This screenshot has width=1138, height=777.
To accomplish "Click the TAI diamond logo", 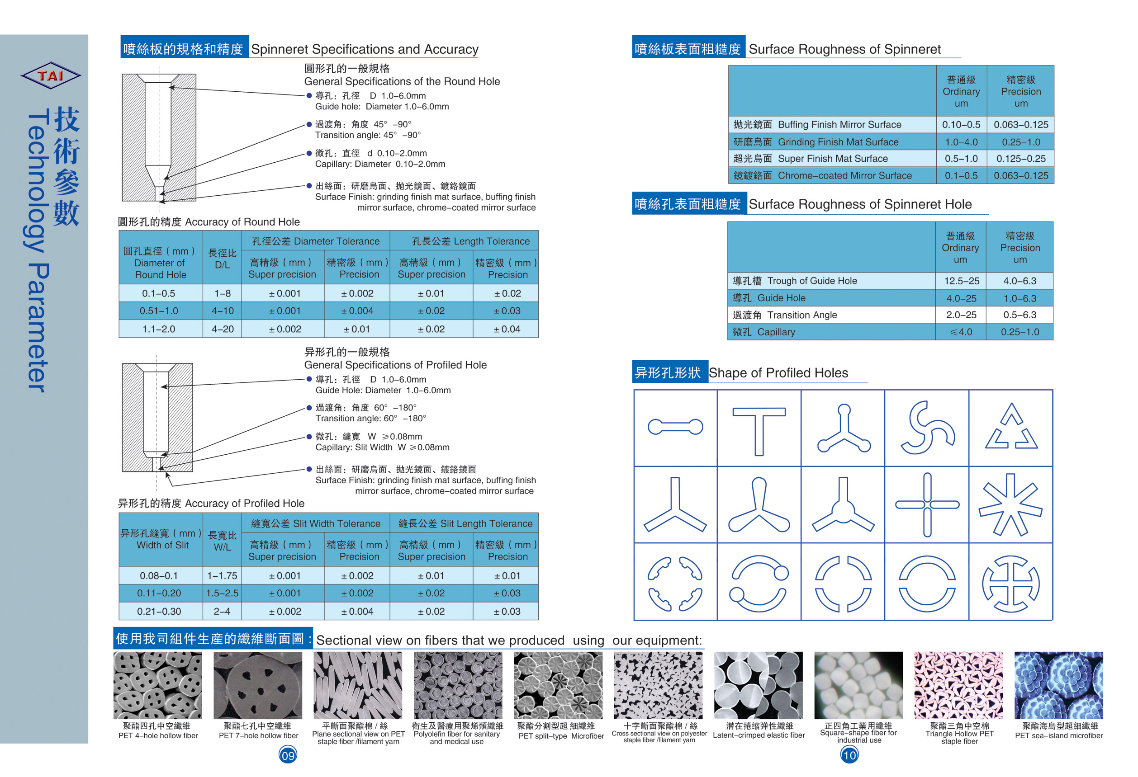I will [51, 75].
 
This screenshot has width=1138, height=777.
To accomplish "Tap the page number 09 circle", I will [288, 755].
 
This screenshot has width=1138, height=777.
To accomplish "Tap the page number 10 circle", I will [849, 755].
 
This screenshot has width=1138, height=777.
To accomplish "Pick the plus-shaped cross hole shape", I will [926, 504].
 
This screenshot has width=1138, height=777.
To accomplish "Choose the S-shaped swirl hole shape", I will [926, 428].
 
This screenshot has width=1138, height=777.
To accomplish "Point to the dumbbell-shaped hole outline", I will [675, 427].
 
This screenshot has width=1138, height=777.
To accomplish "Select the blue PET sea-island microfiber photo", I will [1058, 685].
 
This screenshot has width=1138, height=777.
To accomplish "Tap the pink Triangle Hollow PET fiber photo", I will [958, 685].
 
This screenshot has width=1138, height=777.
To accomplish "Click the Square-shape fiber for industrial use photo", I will [858, 685].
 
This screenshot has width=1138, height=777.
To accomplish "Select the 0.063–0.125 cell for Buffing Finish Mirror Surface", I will [1020, 125].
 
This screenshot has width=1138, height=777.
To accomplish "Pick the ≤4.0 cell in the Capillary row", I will [961, 332].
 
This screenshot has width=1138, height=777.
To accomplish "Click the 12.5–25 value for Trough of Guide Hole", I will [961, 281].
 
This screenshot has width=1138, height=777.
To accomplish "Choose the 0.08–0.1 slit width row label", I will [159, 575].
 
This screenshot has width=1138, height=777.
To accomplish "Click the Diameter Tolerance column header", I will [316, 241].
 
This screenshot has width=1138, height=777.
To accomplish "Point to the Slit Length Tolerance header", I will [465, 523].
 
